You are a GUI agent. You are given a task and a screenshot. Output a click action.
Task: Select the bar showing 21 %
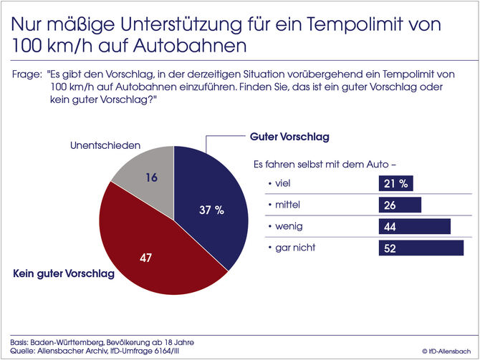[395, 184]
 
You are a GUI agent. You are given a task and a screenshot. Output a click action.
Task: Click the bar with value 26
[399, 205]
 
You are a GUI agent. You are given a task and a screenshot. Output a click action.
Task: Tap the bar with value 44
[414, 227]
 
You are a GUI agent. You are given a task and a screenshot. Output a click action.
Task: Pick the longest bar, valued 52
[421, 248]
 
